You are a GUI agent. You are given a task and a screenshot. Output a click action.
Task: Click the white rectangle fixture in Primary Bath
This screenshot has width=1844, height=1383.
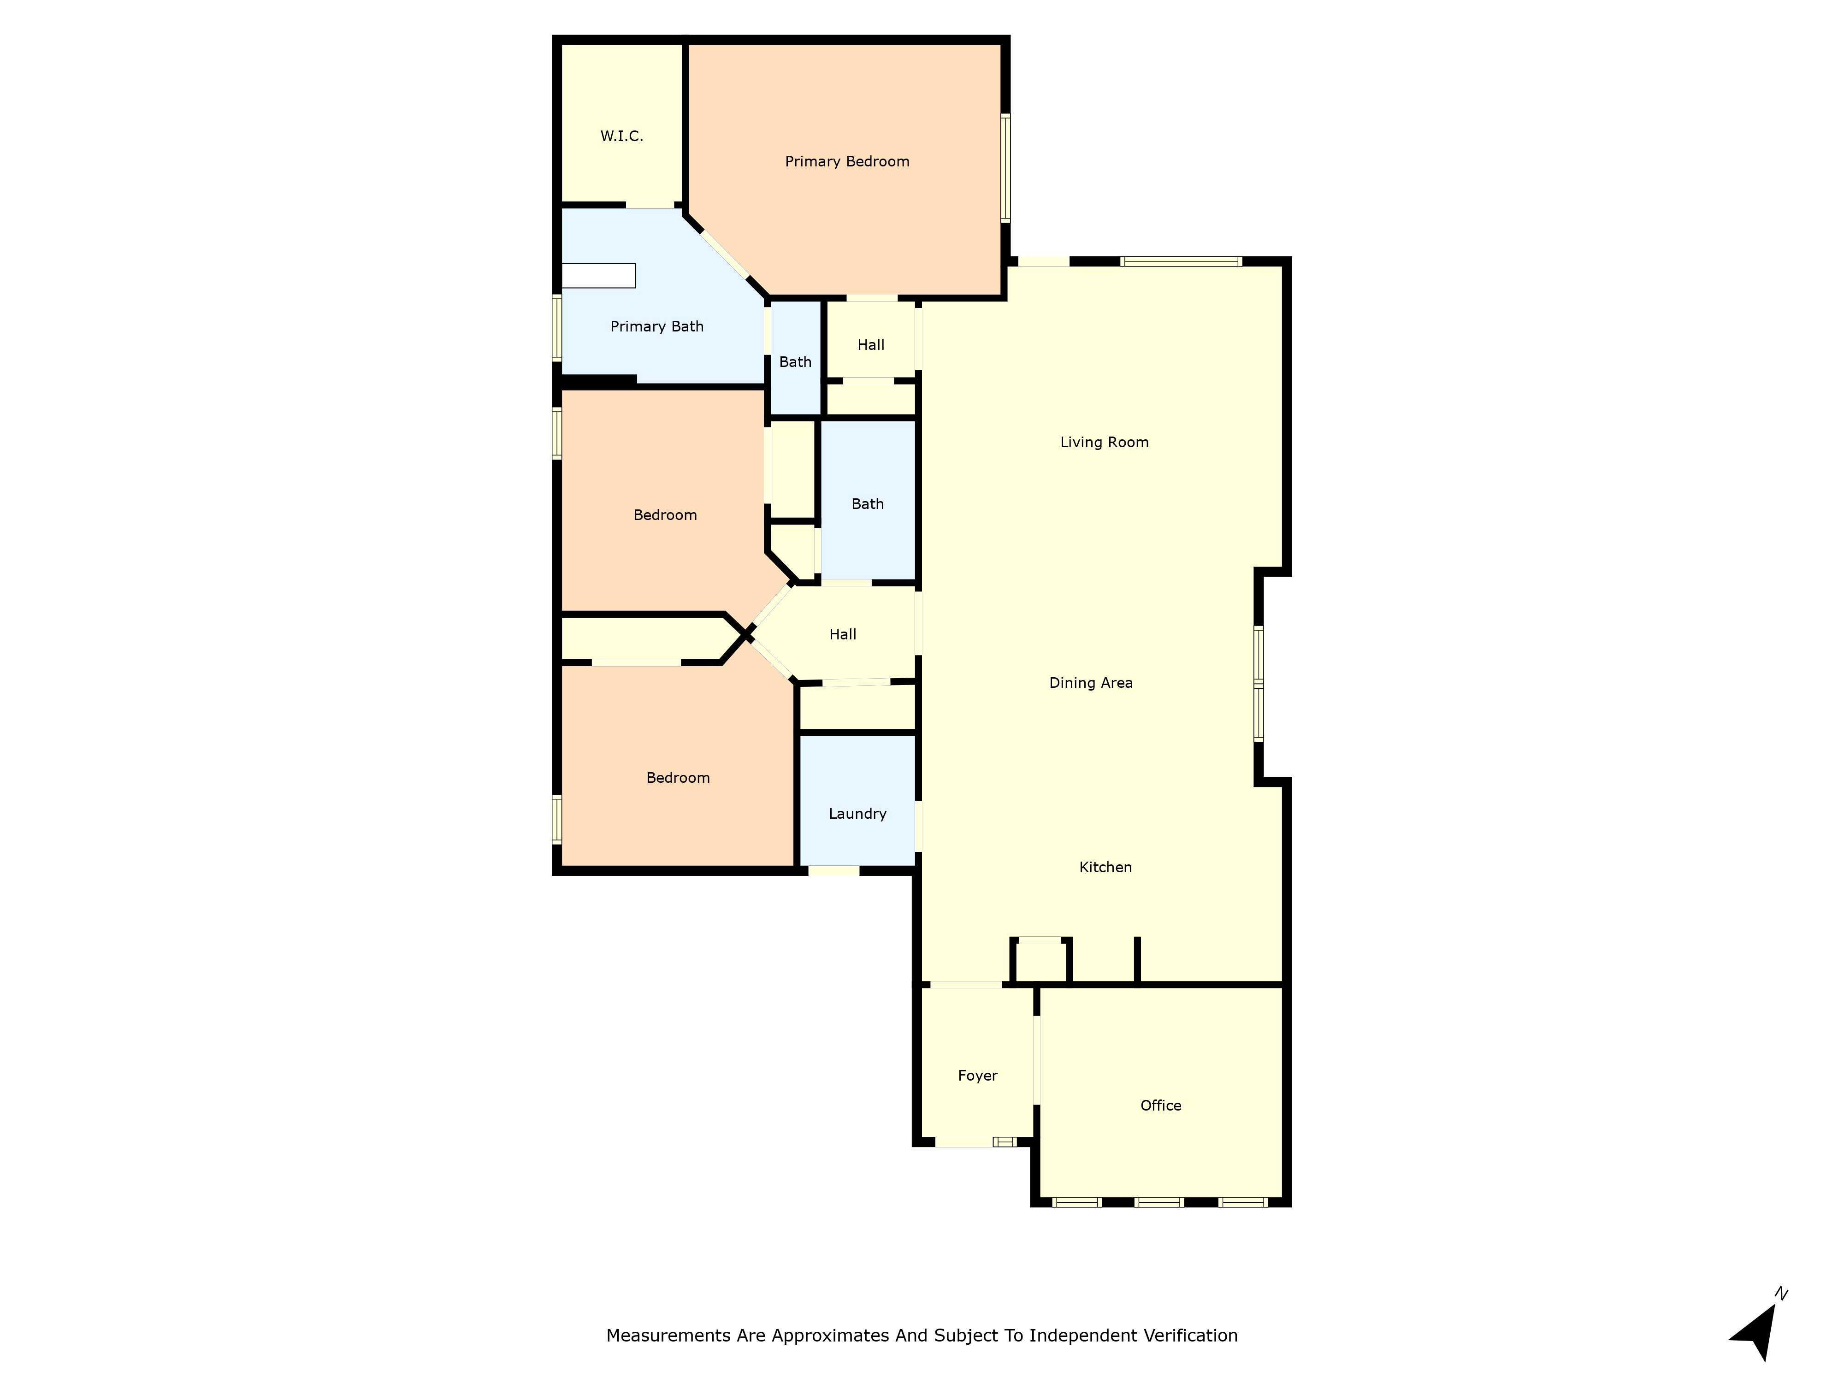pyautogui.click(x=598, y=276)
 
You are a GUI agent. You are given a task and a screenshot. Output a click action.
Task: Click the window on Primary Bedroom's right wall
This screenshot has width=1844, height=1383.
pyautogui.click(x=1005, y=167)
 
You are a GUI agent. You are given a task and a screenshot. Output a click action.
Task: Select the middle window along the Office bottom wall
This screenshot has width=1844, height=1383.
pyautogui.click(x=1159, y=1202)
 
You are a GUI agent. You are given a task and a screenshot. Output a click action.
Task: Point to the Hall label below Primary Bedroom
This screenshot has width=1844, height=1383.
pyautogui.click(x=870, y=345)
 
